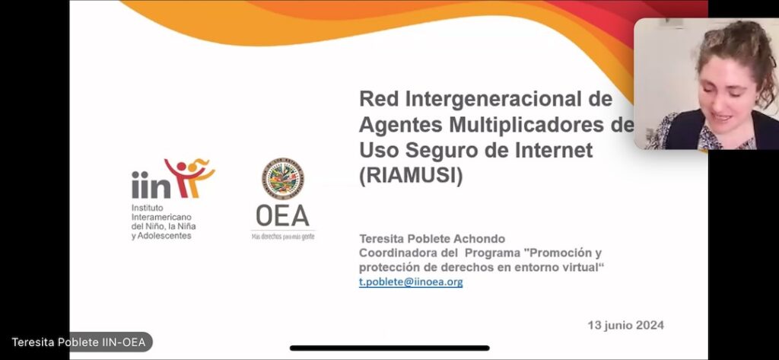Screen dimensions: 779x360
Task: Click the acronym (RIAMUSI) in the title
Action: click(411, 176)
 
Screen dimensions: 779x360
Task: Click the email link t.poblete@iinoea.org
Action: click(411, 282)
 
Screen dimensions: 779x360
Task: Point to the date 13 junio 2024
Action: click(625, 325)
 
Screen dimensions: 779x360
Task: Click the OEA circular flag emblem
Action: click(283, 179)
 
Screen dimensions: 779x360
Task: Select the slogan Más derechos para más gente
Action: click(283, 237)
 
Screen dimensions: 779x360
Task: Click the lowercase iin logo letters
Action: click(151, 184)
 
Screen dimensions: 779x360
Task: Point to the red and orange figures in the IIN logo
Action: click(190, 177)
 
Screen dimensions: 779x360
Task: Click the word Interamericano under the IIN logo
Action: click(161, 217)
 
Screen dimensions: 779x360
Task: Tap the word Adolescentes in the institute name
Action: click(164, 236)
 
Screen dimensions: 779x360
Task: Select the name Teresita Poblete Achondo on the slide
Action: click(432, 239)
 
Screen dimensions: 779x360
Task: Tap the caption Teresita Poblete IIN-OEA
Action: click(78, 342)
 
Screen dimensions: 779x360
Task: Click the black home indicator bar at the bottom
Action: click(389, 348)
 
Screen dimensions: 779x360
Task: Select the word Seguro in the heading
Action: click(424, 150)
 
